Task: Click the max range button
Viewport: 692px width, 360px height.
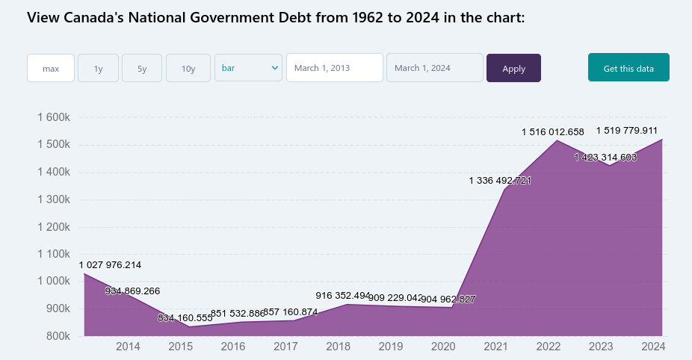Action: tap(51, 68)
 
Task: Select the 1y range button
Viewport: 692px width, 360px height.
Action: tap(98, 68)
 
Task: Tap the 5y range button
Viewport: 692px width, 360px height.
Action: tap(142, 68)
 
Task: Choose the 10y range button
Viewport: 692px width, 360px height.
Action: tap(188, 68)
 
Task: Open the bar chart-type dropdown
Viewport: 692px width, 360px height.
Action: tap(248, 67)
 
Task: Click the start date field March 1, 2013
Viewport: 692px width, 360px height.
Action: tap(334, 68)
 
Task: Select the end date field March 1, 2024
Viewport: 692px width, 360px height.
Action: tap(434, 68)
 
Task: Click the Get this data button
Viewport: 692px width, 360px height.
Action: tap(628, 68)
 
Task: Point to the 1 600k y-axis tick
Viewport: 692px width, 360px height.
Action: tap(53, 117)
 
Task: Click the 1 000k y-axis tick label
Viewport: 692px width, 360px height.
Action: tap(53, 282)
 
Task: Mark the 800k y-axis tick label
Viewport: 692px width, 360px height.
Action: tap(57, 336)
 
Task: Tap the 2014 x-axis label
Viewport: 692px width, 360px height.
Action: tap(128, 347)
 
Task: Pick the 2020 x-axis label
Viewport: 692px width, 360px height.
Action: tap(443, 347)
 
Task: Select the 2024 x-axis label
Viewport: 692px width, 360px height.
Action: tap(653, 347)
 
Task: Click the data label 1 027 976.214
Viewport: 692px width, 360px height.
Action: tap(110, 265)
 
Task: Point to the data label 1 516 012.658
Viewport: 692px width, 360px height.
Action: tap(552, 132)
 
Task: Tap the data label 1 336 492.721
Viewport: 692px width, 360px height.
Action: tap(500, 181)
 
